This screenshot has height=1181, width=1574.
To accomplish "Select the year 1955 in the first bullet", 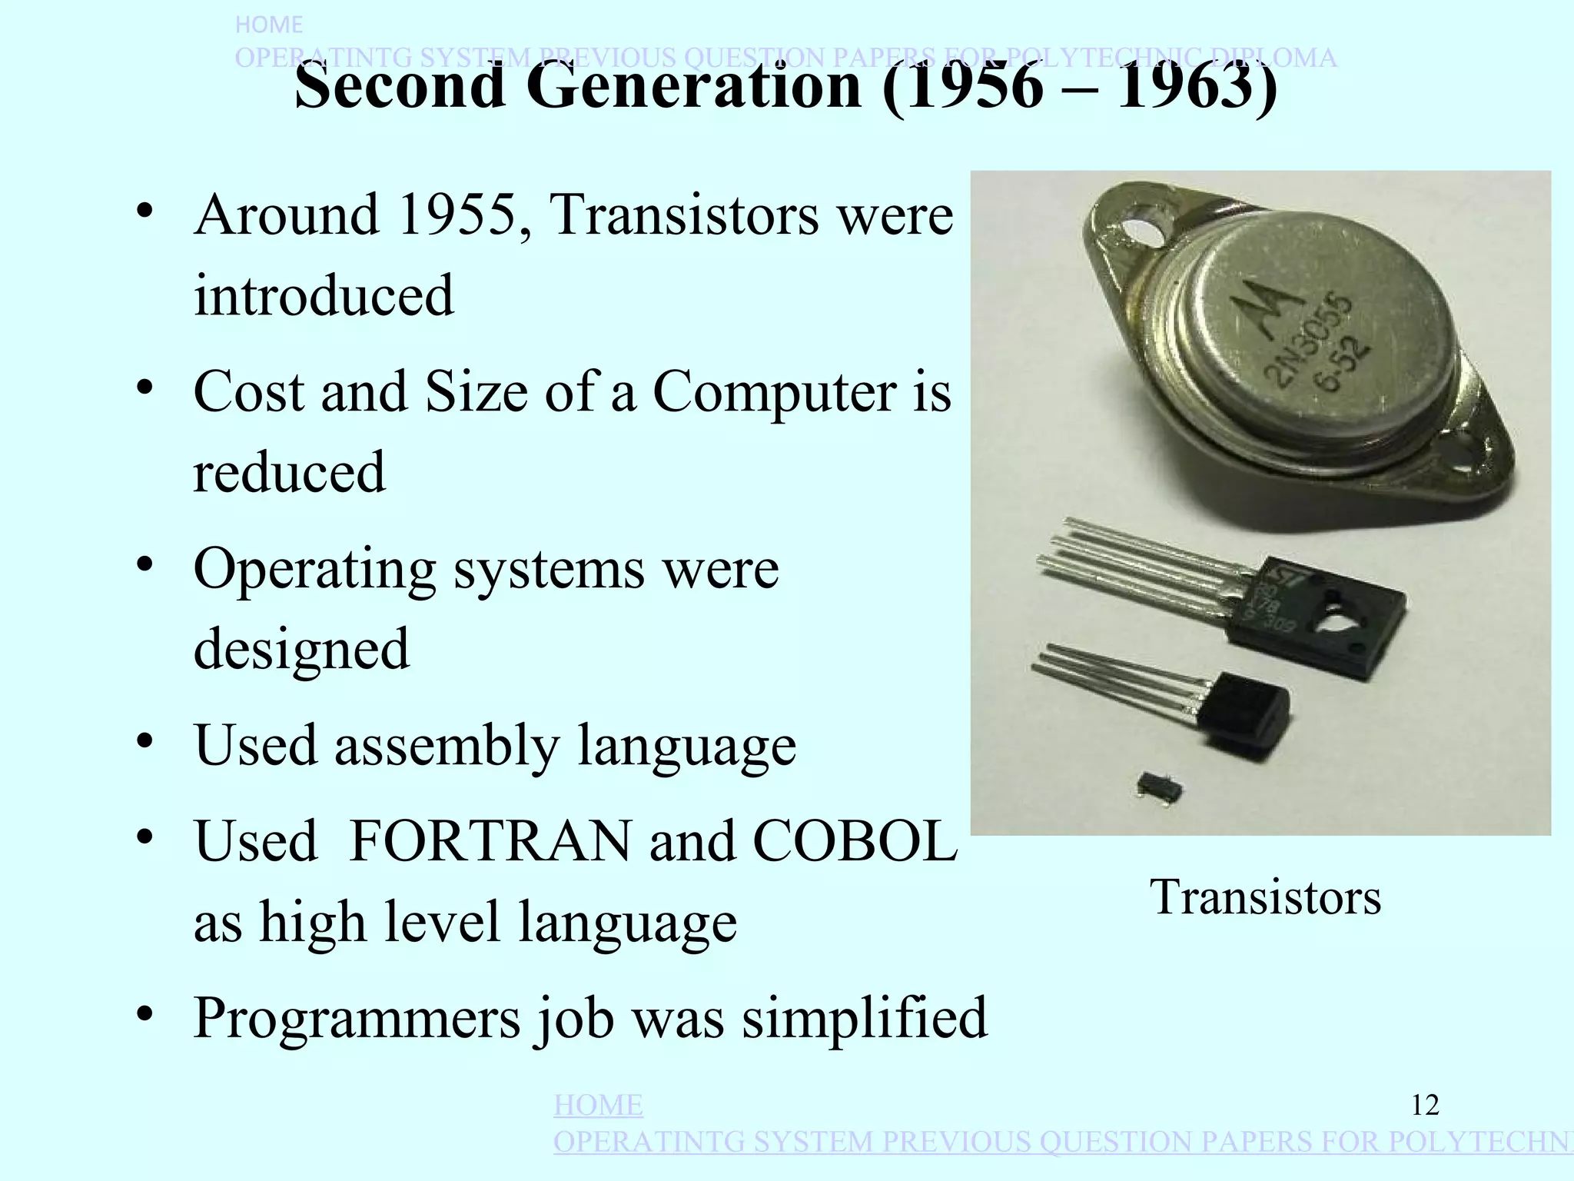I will (x=457, y=215).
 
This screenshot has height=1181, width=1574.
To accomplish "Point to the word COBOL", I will (x=855, y=842).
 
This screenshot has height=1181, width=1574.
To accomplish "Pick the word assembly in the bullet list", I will (x=446, y=746).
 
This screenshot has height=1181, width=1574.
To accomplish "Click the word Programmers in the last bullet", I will (x=357, y=1019).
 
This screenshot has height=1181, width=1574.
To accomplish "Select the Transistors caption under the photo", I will (x=1265, y=897).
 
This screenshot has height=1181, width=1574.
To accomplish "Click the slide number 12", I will (x=1425, y=1106).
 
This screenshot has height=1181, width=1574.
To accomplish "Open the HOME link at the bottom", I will (x=598, y=1106).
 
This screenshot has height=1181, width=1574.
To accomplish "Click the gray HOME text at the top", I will (x=268, y=25).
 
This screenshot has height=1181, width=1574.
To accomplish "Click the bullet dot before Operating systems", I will (x=144, y=566).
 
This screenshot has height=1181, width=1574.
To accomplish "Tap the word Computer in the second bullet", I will (x=775, y=392).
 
